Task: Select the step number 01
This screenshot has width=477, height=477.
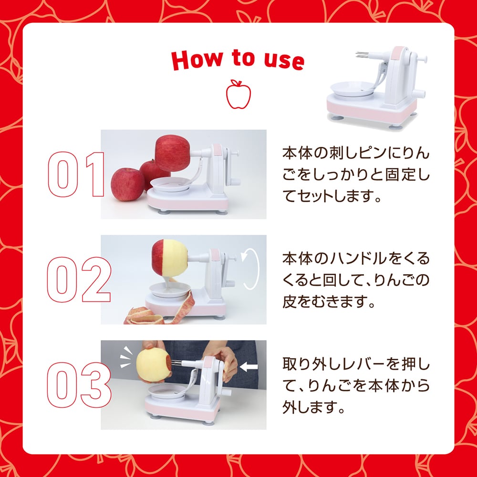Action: click(x=76, y=174)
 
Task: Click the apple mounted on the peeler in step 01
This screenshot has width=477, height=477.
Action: click(x=173, y=153)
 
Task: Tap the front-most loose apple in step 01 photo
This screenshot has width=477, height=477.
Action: click(x=127, y=184)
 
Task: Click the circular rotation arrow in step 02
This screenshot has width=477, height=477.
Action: click(x=251, y=269)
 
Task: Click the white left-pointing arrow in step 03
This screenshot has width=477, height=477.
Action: click(x=249, y=367)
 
